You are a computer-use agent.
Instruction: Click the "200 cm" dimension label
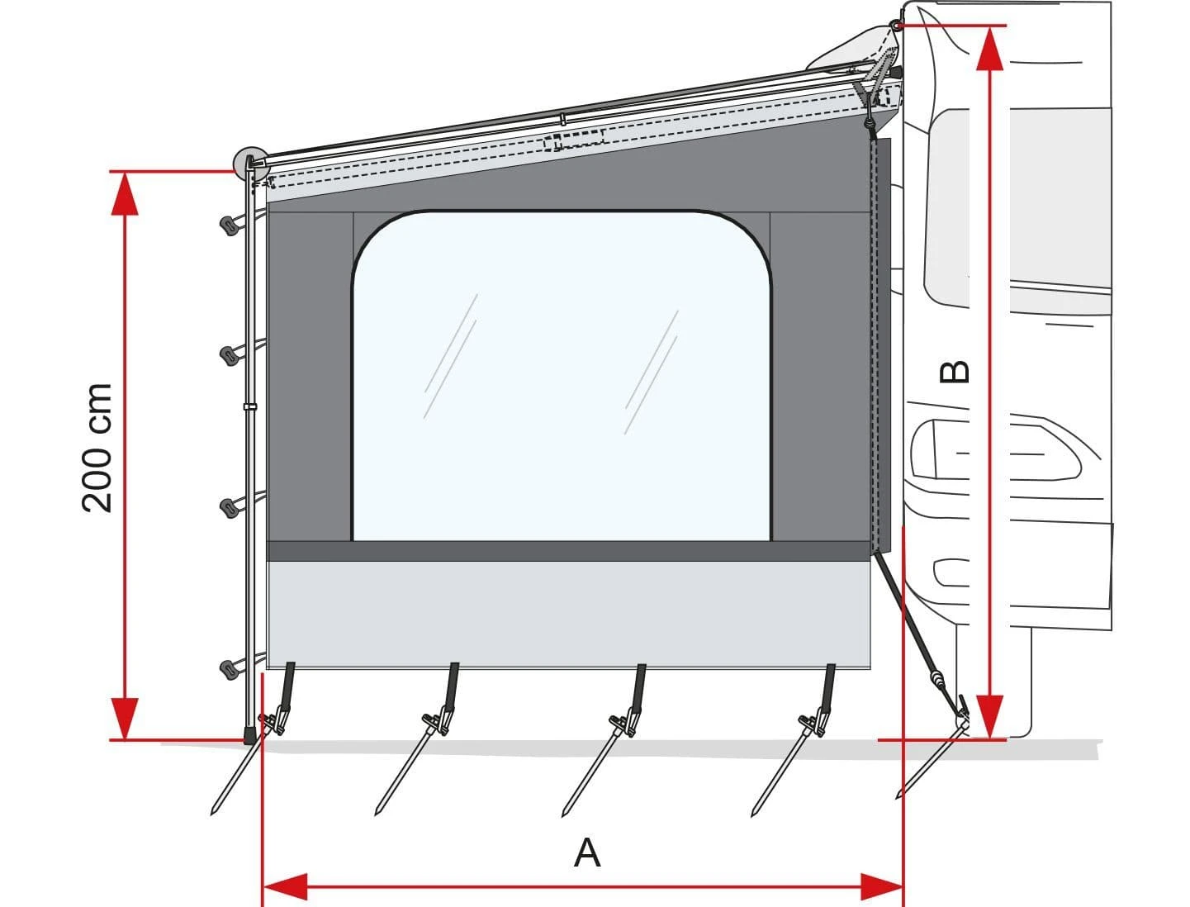[97, 448]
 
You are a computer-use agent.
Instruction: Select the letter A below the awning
[587, 852]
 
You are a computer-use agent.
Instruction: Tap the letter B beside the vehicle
[955, 372]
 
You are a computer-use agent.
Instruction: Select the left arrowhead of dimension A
[285, 888]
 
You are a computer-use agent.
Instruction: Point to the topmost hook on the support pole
[230, 223]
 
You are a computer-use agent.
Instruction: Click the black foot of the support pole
[249, 735]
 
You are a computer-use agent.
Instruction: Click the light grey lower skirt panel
[570, 614]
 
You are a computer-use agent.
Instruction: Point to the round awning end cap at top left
[249, 163]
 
